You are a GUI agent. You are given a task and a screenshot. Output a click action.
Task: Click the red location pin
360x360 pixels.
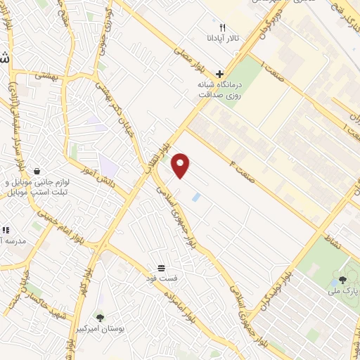(181, 165)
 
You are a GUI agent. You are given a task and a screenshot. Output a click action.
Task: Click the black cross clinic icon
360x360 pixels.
(220, 73)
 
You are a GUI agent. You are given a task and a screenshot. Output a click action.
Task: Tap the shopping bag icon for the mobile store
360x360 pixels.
(37, 171)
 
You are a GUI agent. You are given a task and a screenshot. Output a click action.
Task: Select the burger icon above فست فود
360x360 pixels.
(162, 268)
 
